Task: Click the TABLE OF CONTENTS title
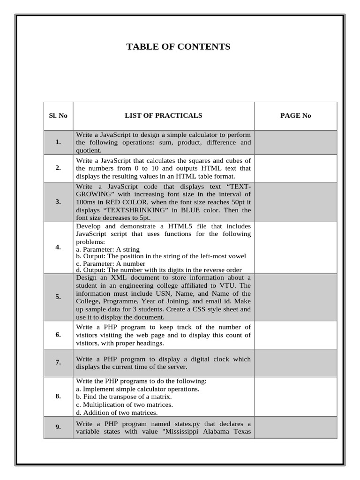178,46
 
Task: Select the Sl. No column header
58,116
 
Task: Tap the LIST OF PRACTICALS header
163,116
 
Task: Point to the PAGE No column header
295,116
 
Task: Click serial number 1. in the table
58,142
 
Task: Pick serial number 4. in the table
58,247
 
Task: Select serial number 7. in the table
58,363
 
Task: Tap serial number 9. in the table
58,427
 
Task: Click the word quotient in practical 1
88,150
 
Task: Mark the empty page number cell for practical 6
295,335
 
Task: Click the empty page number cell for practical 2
295,168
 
